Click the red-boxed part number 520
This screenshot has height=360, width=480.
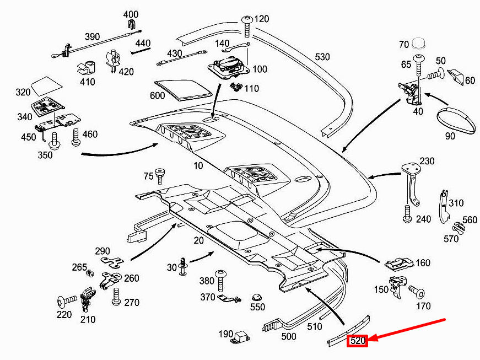click(x=358, y=341)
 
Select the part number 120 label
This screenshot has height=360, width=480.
click(x=261, y=19)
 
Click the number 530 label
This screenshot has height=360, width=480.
click(x=322, y=57)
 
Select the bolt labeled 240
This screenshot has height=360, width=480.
click(x=407, y=213)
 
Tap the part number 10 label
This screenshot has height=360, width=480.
click(x=198, y=165)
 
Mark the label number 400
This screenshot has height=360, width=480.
click(x=131, y=14)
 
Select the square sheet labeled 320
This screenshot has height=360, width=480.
click(x=46, y=85)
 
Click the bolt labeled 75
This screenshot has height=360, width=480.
click(x=160, y=175)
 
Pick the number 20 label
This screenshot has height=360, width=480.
click(x=198, y=240)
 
